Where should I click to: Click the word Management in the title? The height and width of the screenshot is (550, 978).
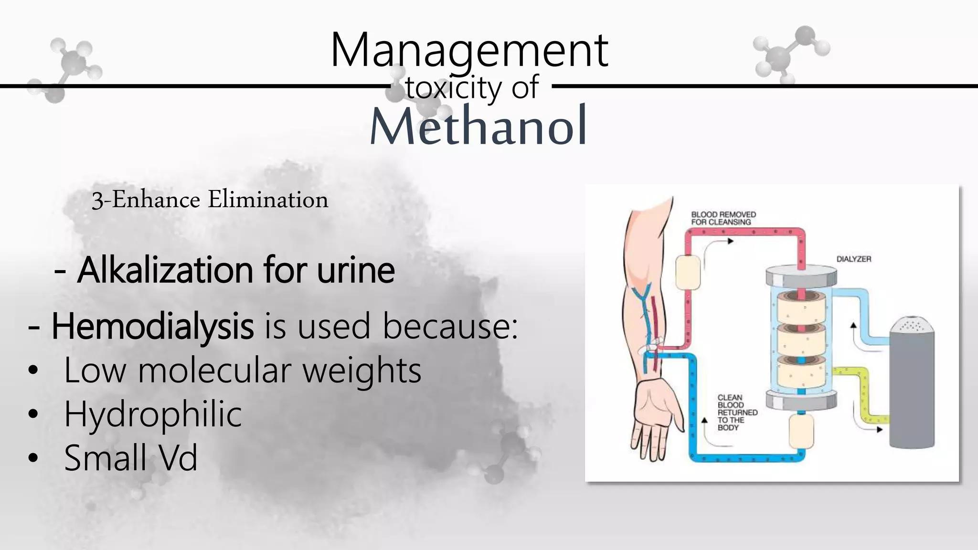coord(469,50)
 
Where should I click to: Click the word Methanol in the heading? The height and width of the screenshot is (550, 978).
coord(478,126)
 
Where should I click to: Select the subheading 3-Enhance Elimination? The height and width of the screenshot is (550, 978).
coord(210,200)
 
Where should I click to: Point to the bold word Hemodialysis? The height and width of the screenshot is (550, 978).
coord(152,327)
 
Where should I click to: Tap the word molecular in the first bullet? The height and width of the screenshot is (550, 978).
coord(214,370)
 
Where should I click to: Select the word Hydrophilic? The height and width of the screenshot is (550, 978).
coord(153,414)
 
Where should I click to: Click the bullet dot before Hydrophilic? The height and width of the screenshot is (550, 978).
coord(32,414)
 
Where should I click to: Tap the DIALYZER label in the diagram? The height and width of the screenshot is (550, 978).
coord(854,259)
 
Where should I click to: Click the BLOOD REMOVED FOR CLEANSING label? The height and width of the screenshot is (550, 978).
coord(723,218)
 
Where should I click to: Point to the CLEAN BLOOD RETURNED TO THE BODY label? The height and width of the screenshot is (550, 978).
coord(737,412)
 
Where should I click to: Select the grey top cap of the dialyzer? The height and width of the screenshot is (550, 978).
coord(801,276)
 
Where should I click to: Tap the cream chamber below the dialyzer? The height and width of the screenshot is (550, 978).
coord(801,431)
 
